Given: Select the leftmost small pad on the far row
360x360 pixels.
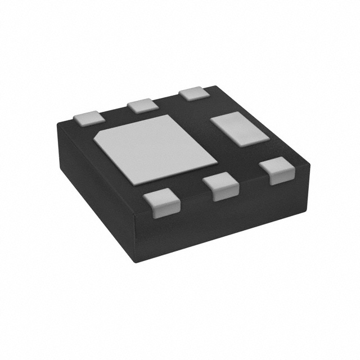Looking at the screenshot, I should [x=89, y=118].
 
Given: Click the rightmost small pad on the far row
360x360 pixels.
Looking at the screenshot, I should [x=193, y=92].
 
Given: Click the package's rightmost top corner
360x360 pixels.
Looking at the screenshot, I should [x=310, y=164].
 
